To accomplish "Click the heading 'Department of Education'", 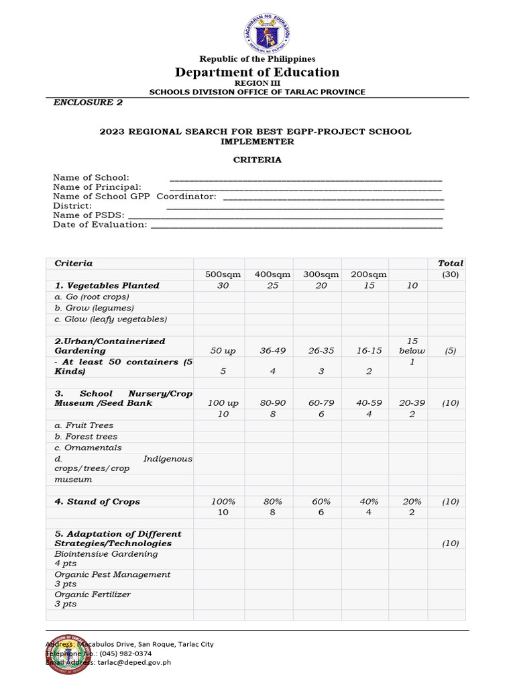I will tap(257, 72).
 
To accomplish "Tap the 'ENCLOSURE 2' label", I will tap(88, 103).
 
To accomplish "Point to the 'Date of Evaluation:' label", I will tap(100, 225).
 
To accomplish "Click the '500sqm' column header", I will tap(223, 274).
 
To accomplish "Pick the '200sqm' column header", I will tap(368, 274).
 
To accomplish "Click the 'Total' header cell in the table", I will tap(450, 264).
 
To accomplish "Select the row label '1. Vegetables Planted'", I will tap(107, 285).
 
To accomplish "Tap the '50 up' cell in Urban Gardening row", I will tap(223, 351).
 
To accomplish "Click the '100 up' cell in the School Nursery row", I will tap(223, 403).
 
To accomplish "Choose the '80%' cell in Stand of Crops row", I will tap(272, 502).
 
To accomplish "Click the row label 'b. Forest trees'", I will tap(86, 436).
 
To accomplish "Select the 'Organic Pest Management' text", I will tap(113, 574).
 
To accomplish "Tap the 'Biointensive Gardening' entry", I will tap(106, 554).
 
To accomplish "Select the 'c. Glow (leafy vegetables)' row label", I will tap(111, 319).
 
